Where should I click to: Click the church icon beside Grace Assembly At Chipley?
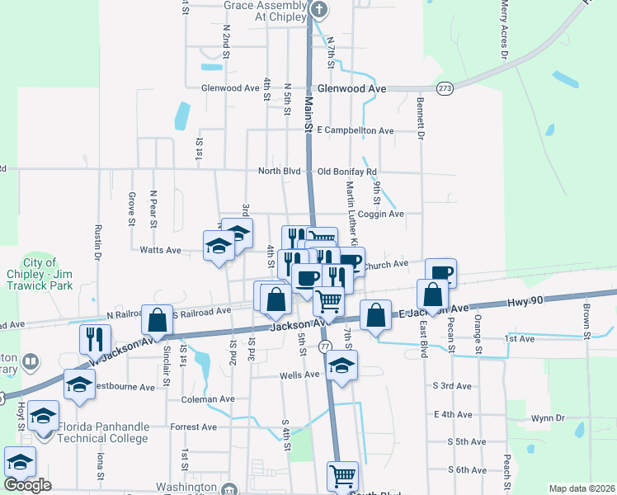tap(321, 10)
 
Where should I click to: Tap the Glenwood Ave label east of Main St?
tap(352, 88)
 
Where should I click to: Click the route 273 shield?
tap(445, 87)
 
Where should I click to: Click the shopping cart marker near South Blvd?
tap(342, 475)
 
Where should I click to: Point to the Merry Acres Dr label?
tap(503, 30)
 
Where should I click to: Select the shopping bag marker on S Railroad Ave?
tap(157, 319)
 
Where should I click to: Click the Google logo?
tap(27, 485)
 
